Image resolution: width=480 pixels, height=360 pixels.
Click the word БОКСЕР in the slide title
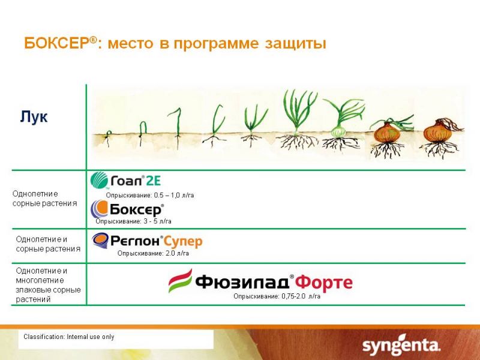pos(57,43)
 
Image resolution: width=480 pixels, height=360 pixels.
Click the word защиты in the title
pos(295,44)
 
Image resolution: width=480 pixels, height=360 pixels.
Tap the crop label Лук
pos(34,116)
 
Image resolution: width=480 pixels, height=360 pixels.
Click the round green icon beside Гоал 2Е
pos(99,180)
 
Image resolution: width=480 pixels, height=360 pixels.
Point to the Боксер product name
pos(136,209)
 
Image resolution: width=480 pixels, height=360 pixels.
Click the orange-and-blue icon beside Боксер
pos(99,209)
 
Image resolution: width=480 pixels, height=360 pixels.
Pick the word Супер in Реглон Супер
pos(183,242)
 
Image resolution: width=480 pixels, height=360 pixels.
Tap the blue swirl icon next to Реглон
pos(100,241)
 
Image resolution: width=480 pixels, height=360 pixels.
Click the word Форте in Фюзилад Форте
pos(323,282)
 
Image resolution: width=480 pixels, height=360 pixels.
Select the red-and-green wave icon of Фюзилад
pos(181,281)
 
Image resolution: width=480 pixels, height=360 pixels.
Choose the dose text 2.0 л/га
pos(177,253)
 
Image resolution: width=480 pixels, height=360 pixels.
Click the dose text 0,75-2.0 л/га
pos(301,296)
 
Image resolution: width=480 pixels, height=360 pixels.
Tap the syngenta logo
pos(401,346)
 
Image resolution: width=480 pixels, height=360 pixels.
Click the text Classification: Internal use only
pos(69,337)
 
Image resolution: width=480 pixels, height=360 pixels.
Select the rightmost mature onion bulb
pos(439,132)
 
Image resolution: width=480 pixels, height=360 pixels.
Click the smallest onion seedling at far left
pos(108,139)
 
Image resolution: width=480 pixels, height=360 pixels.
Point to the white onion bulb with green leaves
pos(338,131)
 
